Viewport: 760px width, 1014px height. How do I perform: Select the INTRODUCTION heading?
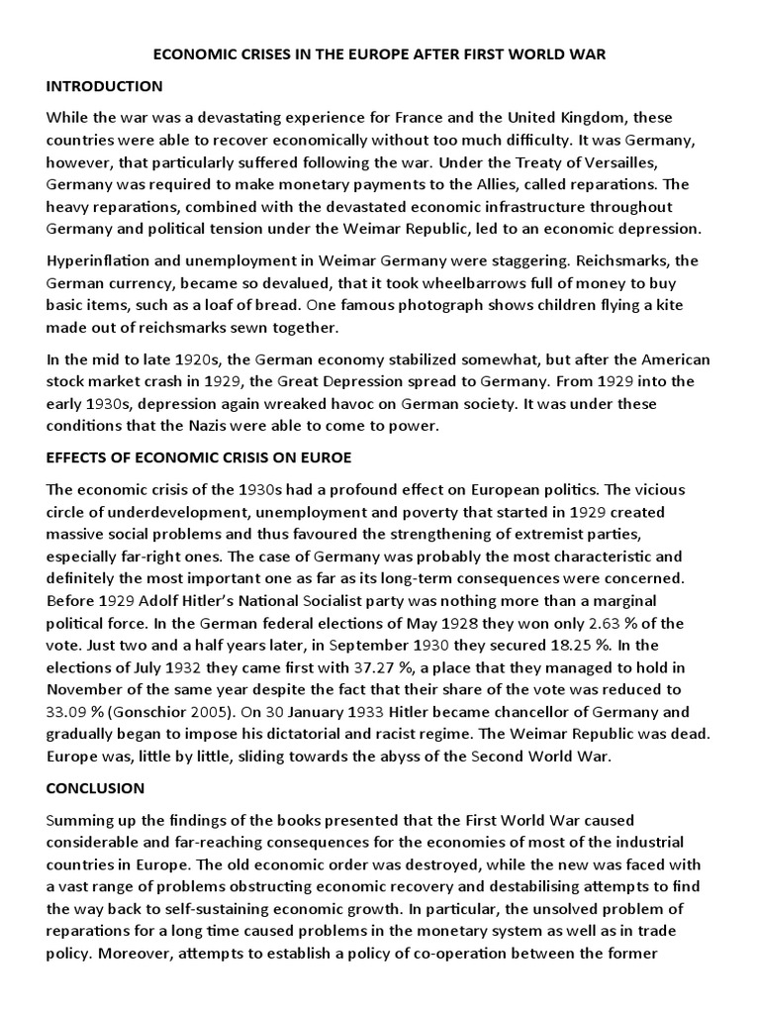104,86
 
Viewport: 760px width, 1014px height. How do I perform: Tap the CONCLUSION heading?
95,788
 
